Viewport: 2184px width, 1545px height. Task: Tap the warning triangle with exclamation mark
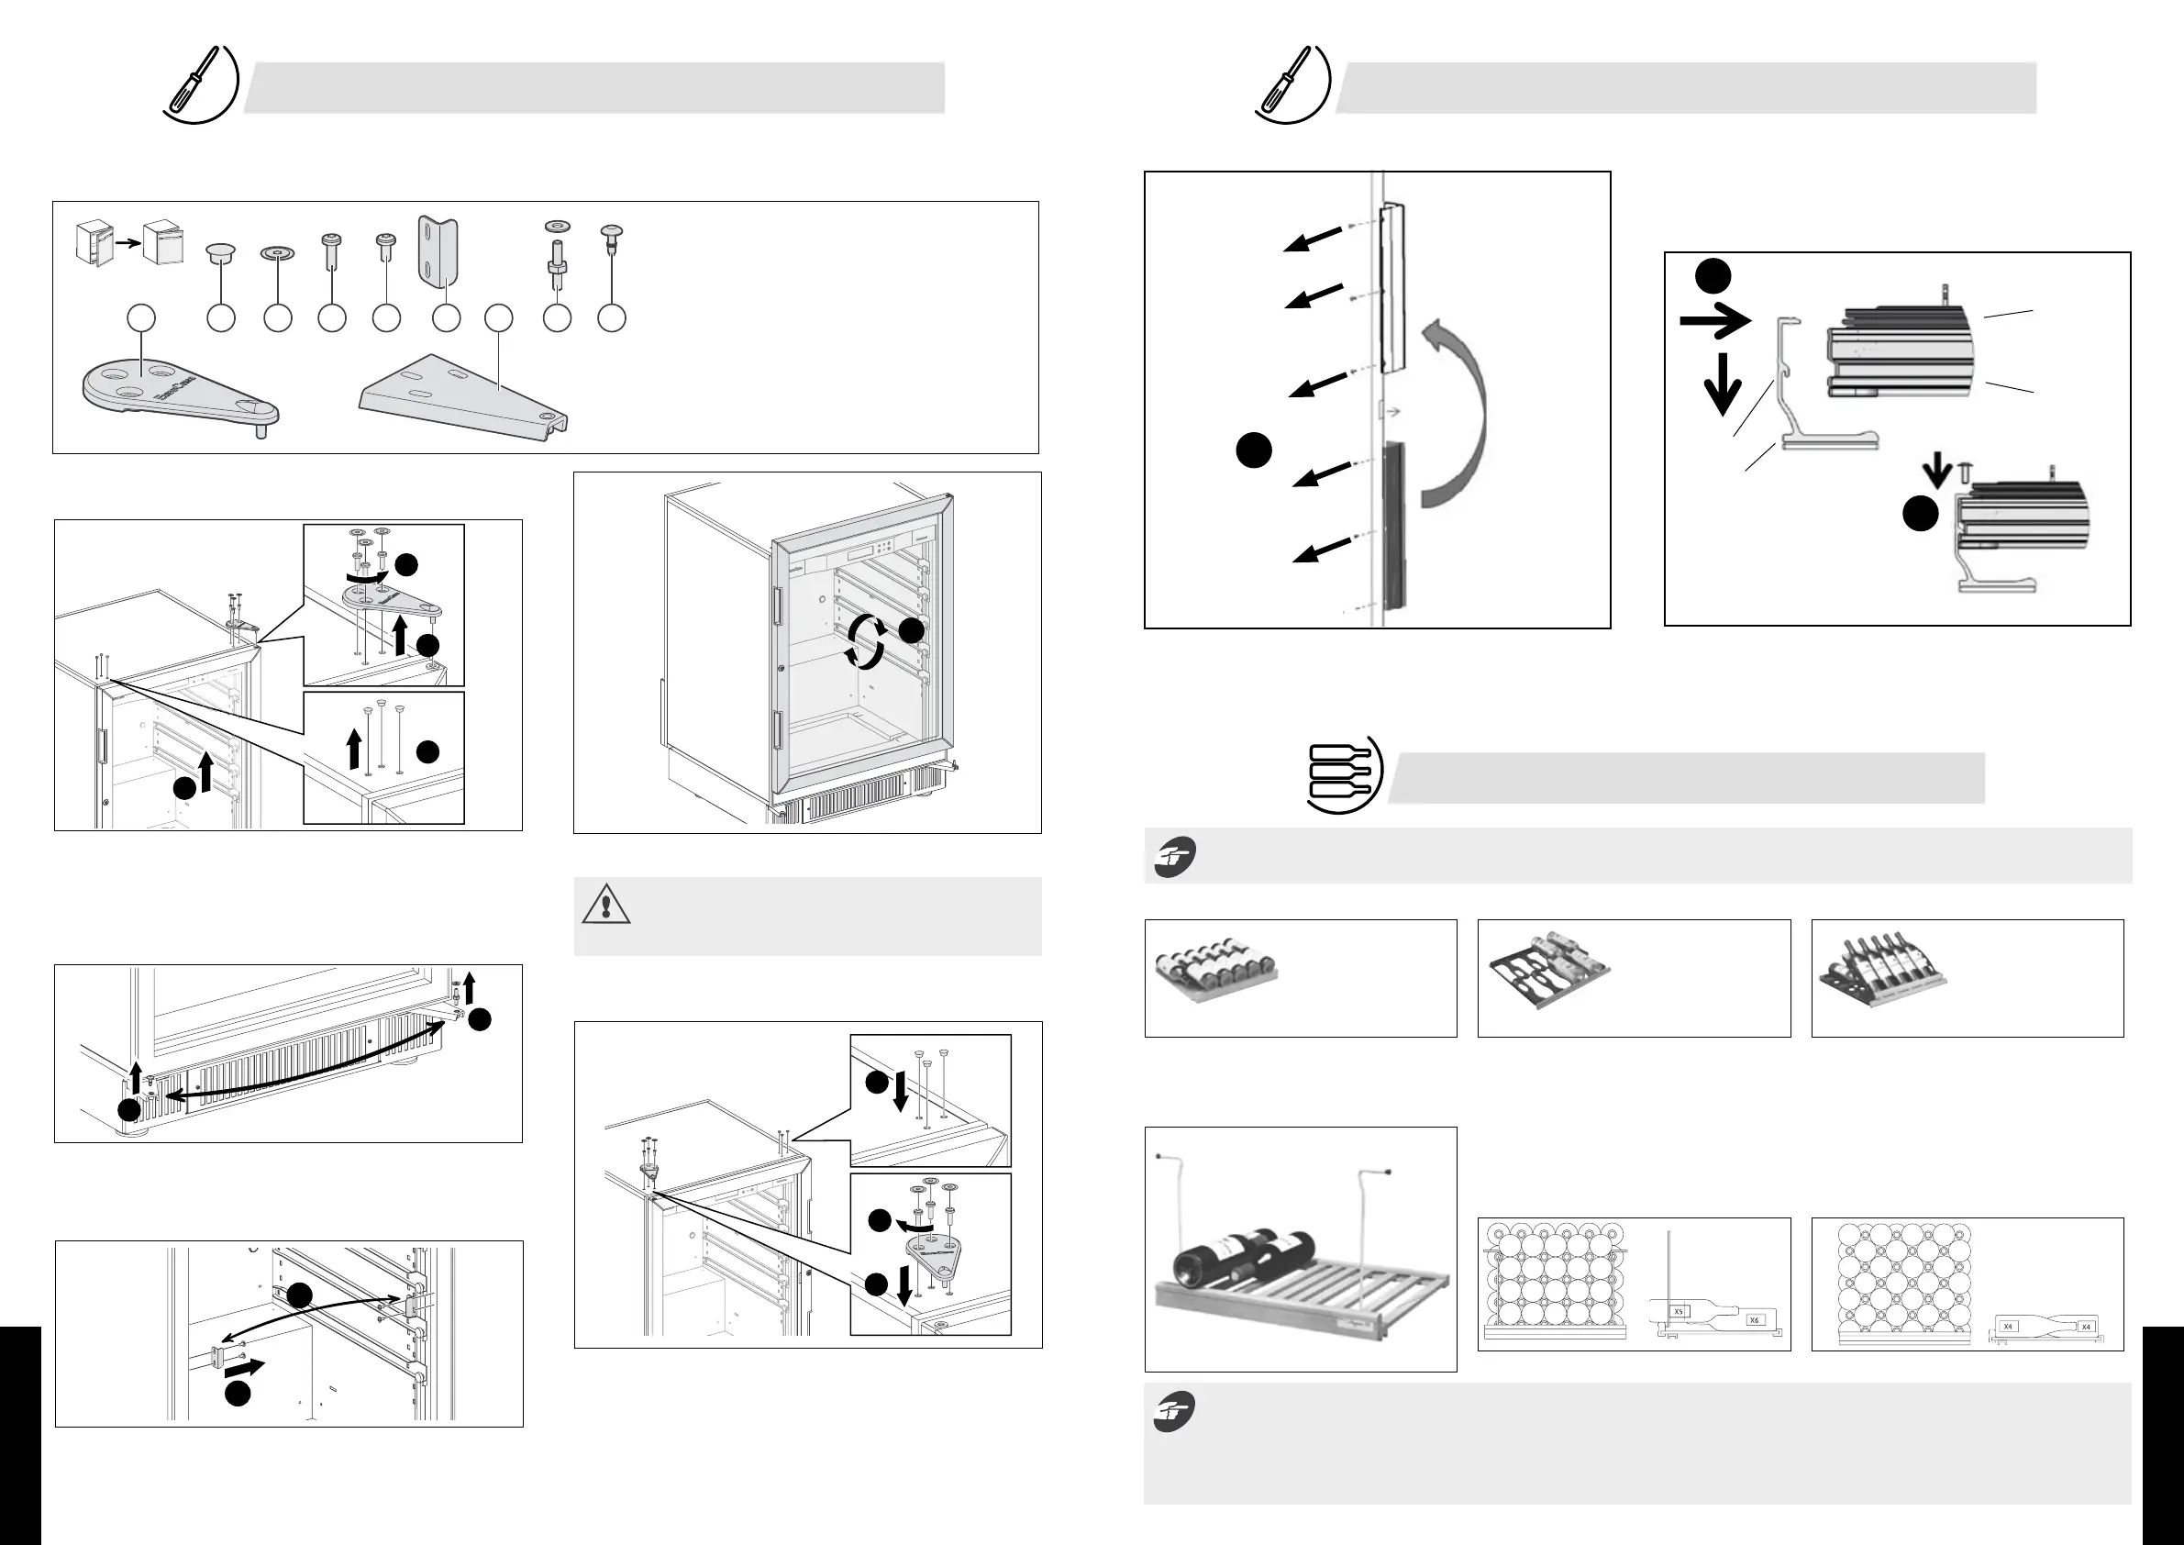tap(606, 905)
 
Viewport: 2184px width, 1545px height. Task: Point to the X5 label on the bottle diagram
tap(1679, 1312)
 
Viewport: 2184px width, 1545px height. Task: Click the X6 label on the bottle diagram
tap(1755, 1320)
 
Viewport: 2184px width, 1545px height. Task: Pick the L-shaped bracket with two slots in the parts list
tap(438, 252)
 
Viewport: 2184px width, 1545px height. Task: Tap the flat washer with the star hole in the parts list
tap(277, 253)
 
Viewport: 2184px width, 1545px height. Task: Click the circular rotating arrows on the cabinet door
tap(865, 641)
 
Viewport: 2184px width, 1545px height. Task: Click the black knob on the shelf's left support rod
tap(1158, 1156)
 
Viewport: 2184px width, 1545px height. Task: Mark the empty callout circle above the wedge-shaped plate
tap(499, 318)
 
